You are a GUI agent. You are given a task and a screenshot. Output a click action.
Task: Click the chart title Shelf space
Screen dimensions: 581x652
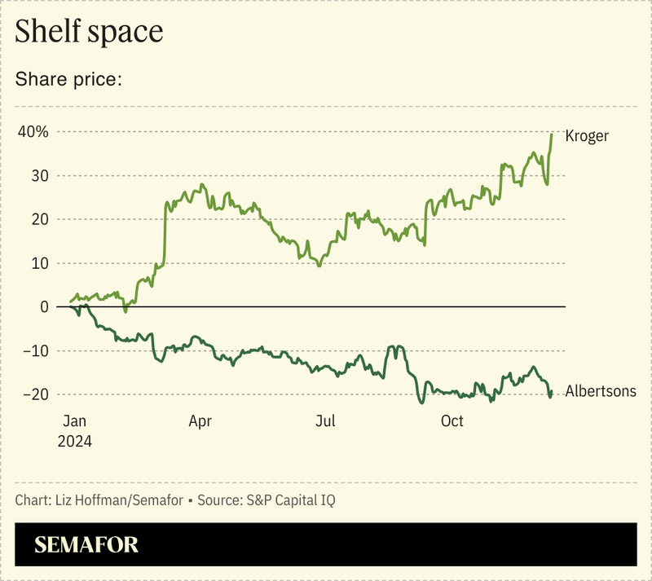click(89, 32)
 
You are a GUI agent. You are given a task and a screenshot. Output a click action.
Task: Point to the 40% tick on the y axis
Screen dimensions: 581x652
click(33, 132)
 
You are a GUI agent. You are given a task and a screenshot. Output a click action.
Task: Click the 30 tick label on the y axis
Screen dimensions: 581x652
click(40, 176)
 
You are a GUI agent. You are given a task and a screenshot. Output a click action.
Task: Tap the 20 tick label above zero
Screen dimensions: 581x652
click(40, 219)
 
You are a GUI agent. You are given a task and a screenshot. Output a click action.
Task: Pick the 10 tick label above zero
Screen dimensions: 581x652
click(40, 263)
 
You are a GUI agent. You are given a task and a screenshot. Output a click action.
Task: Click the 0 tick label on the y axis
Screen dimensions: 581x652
click(44, 307)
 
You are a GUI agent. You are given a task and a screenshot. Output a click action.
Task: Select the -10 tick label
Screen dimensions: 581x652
click(37, 351)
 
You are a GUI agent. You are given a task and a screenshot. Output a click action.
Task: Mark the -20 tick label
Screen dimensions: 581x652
click(37, 394)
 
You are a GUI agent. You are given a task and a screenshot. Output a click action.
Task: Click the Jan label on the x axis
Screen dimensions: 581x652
click(74, 421)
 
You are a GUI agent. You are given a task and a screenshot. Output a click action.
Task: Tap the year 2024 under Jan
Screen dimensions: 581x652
click(74, 441)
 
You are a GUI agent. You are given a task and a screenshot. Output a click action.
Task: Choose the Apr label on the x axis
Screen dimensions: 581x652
click(200, 421)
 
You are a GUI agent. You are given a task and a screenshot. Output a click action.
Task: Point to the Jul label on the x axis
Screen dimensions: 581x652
click(325, 421)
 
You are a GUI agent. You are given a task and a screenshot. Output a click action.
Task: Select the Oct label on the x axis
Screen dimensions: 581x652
click(452, 421)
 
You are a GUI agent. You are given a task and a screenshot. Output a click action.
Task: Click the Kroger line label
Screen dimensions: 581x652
click(587, 136)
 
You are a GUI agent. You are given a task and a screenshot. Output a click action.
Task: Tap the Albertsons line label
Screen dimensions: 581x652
click(601, 392)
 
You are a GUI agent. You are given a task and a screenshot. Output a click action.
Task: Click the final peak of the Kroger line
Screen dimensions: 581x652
click(552, 134)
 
